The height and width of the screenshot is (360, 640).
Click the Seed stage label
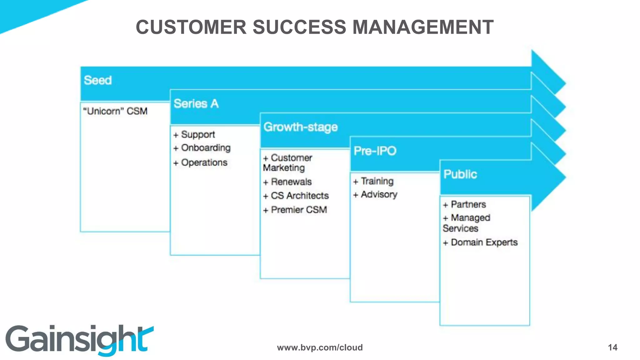click(x=98, y=80)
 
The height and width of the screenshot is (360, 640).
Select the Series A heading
click(x=196, y=104)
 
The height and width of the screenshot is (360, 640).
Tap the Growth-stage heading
click(x=300, y=127)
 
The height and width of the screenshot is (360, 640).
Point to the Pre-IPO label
click(x=375, y=151)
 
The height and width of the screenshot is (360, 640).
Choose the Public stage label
click(x=460, y=174)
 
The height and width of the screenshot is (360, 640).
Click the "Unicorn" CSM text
click(x=115, y=111)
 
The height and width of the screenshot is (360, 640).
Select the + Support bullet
click(x=194, y=135)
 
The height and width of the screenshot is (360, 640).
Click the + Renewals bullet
click(x=287, y=182)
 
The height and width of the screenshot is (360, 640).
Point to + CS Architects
click(x=296, y=196)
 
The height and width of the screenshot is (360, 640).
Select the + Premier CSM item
click(x=295, y=210)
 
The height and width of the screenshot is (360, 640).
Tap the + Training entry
click(x=373, y=181)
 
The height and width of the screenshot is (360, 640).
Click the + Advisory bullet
click(x=375, y=195)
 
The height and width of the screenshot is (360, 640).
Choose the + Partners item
click(x=465, y=205)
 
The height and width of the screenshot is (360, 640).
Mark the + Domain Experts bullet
click(x=480, y=242)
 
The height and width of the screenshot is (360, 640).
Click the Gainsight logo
click(x=79, y=340)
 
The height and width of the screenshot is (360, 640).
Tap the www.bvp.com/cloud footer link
click(x=320, y=347)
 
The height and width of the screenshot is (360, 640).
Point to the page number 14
click(x=612, y=347)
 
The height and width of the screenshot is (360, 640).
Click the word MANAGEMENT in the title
click(x=423, y=27)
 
